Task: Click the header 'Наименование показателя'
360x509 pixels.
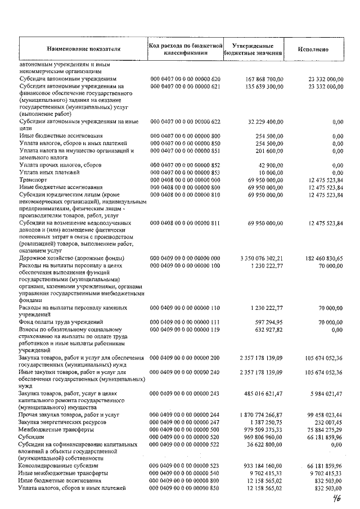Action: pyautogui.click(x=84, y=49)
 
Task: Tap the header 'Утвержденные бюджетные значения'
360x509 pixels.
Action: pyautogui.click(x=253, y=49)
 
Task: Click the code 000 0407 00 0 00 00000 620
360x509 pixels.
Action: pyautogui.click(x=184, y=80)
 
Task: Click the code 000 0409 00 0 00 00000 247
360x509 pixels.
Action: pyautogui.click(x=184, y=422)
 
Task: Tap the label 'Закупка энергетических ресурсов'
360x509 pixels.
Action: pyautogui.click(x=64, y=422)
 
